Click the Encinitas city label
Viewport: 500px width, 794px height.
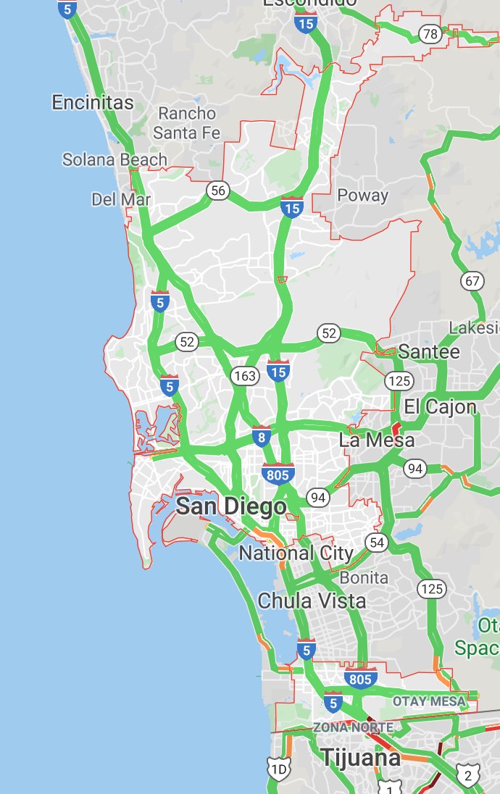[93, 103]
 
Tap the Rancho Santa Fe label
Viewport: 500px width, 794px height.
[187, 123]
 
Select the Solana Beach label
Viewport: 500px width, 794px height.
[114, 159]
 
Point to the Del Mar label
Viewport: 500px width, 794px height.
[121, 199]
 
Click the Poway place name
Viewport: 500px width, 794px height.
[362, 195]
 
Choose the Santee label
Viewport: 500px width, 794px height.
[429, 352]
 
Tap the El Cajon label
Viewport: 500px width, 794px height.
[441, 406]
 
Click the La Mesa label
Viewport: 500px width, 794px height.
[377, 440]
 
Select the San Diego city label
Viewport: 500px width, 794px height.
[231, 506]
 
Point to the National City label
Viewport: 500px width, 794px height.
[296, 553]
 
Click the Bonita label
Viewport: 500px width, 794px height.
[364, 578]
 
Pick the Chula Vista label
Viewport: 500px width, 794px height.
[312, 601]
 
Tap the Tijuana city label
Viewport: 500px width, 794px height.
[360, 758]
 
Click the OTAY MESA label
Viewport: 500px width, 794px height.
[429, 701]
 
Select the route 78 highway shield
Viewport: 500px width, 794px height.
[430, 33]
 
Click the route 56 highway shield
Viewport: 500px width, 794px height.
[217, 191]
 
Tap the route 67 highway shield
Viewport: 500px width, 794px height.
[472, 281]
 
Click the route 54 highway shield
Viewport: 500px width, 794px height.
[376, 542]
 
